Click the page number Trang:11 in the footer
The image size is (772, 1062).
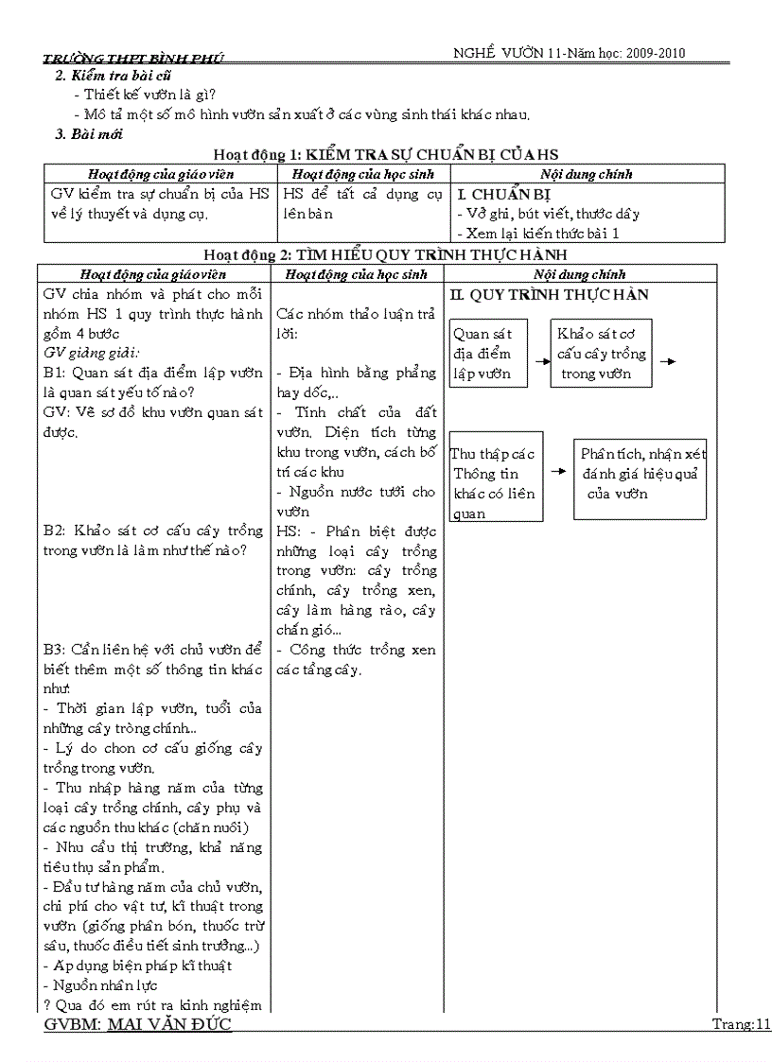coord(742,1025)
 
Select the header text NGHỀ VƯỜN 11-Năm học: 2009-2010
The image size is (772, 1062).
coord(569,53)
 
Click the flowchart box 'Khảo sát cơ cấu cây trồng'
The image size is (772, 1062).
coord(602,354)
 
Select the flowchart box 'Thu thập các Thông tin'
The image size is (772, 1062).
coord(496,483)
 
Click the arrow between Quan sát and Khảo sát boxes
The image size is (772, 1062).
coord(541,361)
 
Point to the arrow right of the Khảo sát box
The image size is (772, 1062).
coord(667,361)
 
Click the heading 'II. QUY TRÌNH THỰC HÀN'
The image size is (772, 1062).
coord(550,295)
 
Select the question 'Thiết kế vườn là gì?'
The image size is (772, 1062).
coord(149,95)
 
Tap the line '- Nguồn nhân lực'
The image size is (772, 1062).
coord(103,985)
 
